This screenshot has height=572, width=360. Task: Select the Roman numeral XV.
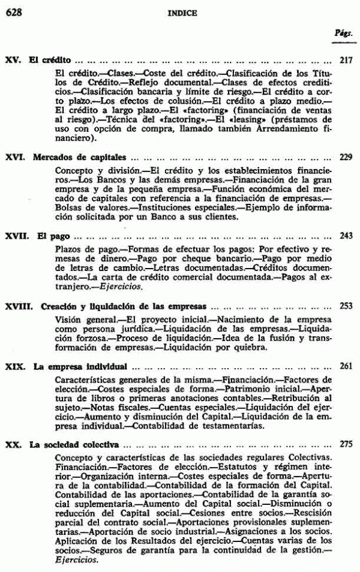(13, 61)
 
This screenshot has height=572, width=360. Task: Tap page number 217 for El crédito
(346, 61)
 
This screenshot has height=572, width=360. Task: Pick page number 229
(346, 158)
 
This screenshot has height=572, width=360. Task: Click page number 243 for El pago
(346, 236)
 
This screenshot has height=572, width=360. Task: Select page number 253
(346, 305)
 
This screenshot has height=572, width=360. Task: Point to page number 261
(346, 366)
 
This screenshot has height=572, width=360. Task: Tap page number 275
(346, 445)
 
